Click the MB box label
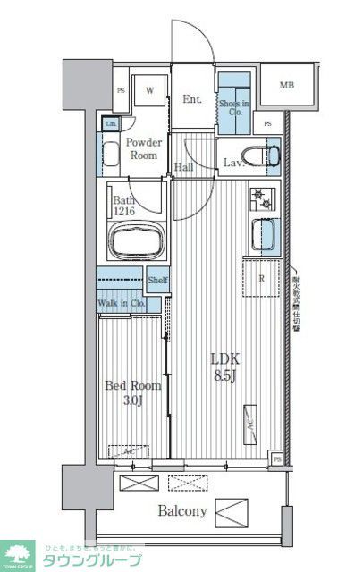286,86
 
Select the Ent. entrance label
191,100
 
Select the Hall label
184,166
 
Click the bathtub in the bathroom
137,240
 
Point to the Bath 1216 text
123,206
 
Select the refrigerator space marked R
260,278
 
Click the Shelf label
158,280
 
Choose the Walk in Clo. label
122,302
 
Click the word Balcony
182,512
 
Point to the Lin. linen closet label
111,124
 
